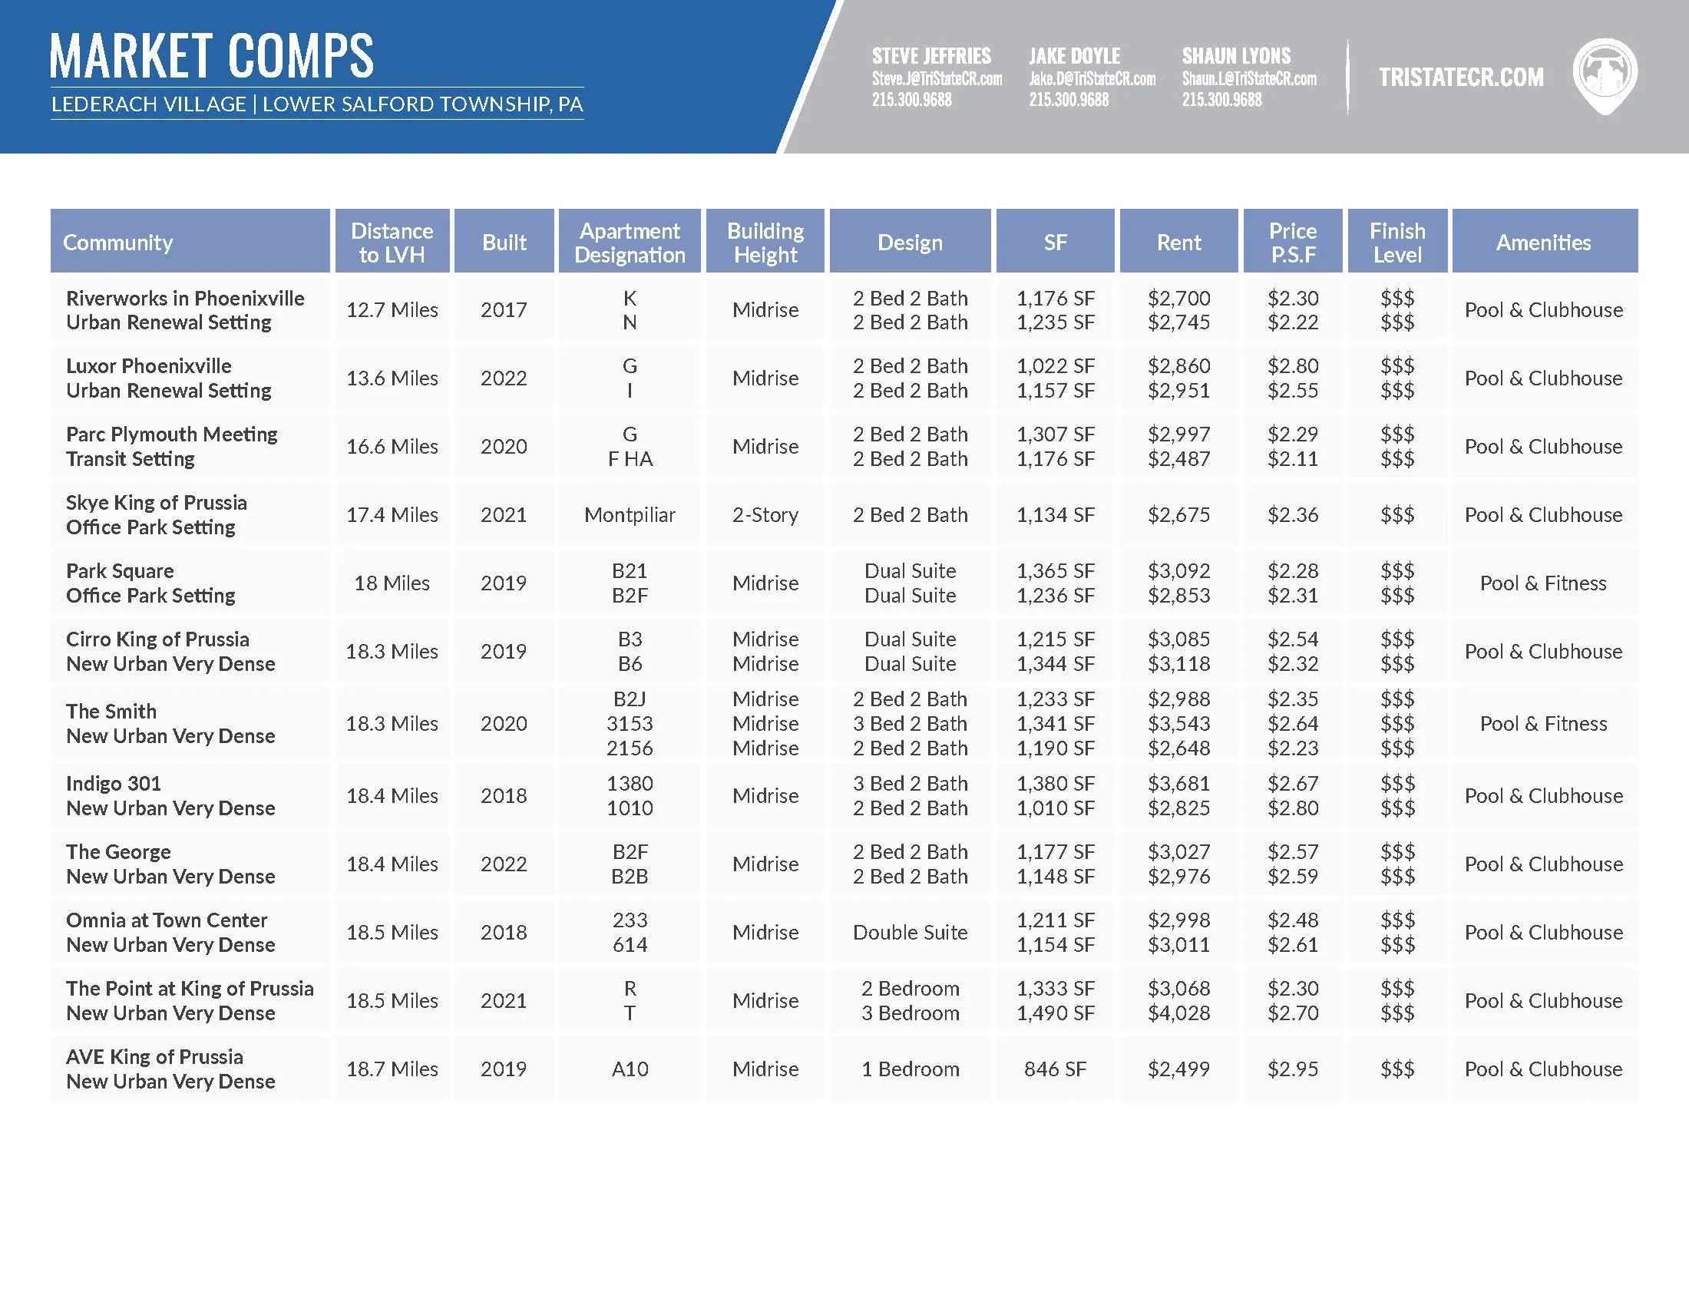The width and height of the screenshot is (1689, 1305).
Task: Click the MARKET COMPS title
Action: (x=211, y=56)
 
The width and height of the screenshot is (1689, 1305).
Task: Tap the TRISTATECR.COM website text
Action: (x=1461, y=77)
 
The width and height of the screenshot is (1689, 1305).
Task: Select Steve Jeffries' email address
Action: (x=937, y=79)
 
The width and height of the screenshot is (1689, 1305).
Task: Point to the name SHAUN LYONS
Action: (x=1236, y=56)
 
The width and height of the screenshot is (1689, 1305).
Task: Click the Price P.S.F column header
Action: (x=1292, y=242)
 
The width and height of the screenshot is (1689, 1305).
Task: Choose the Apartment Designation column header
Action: (x=630, y=242)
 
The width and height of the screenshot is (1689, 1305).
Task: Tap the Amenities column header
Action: (x=1543, y=242)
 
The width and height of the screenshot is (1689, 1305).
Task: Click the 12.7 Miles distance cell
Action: (x=392, y=310)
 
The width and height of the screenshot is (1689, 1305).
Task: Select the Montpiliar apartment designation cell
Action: (x=630, y=515)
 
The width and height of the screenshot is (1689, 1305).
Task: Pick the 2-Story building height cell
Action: (x=765, y=515)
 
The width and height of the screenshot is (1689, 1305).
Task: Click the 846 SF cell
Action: (x=1055, y=1069)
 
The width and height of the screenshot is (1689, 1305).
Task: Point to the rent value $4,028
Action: (x=1178, y=1013)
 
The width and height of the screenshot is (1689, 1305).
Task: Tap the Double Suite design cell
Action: (x=911, y=933)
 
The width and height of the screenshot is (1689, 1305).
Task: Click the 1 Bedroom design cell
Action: (x=911, y=1069)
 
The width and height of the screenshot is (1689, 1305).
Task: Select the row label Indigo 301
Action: (x=114, y=783)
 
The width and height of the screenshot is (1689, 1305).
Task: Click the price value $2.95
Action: (x=1292, y=1069)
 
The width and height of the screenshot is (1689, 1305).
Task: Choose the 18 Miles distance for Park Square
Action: (x=392, y=583)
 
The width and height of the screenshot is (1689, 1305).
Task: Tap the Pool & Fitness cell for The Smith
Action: (x=1543, y=724)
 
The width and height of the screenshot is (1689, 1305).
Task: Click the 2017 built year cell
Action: (x=504, y=310)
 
